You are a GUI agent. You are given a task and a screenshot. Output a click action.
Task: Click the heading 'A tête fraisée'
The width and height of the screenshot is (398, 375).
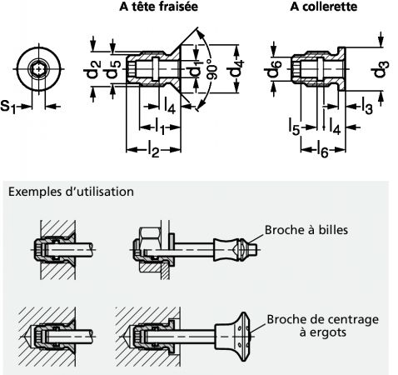coord(158,7)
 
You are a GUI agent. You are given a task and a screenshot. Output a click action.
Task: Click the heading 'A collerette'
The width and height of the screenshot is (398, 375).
coord(323,7)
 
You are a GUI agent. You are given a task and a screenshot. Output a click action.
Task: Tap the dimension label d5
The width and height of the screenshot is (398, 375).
coord(112,69)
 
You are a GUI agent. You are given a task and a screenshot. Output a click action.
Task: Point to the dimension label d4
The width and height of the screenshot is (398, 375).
coord(236,68)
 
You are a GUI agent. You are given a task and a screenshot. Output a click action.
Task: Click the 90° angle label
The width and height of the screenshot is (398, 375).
coord(213,69)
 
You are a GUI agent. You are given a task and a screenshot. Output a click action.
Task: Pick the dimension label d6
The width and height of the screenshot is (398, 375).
coord(273,68)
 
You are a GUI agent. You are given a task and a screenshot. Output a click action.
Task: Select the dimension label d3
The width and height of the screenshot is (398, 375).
coord(380,69)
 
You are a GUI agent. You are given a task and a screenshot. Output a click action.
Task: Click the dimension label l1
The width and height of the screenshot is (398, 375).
coord(160,127)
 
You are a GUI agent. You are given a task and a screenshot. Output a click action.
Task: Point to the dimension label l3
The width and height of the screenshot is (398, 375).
coord(367,107)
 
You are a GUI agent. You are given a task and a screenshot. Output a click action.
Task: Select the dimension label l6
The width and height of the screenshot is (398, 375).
coord(323,150)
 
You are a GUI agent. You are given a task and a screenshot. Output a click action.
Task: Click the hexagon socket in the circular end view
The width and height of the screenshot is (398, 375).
coord(38,68)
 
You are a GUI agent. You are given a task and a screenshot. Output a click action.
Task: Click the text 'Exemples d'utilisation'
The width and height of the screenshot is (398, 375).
coord(71,192)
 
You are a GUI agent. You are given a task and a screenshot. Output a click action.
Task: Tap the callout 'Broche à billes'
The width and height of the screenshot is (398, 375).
coord(306,230)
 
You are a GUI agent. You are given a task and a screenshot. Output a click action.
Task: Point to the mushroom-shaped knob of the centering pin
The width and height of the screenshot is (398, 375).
coord(233,337)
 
